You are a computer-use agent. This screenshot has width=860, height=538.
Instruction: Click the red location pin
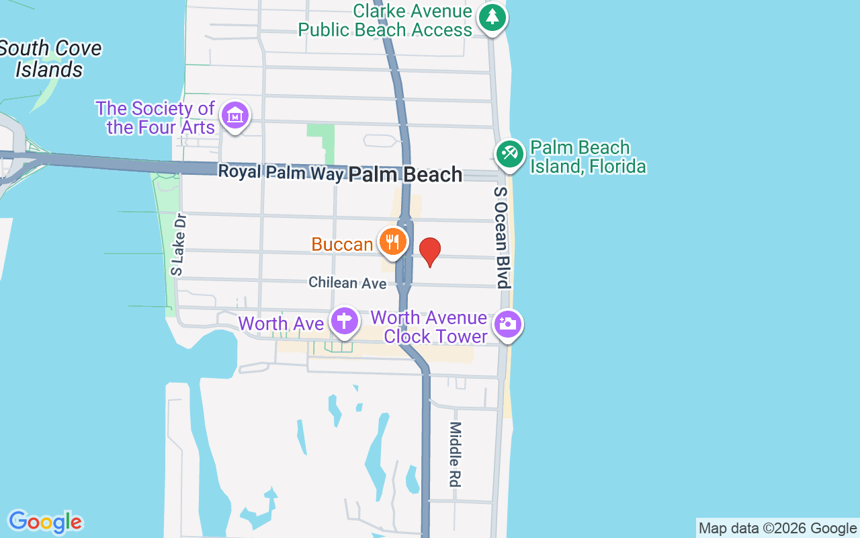(x=430, y=252)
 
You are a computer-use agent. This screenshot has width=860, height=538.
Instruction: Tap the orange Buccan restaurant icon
(x=392, y=241)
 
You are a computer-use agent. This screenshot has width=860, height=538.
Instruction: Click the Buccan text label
(x=342, y=244)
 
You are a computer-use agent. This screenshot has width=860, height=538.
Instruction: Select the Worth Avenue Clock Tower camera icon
(x=508, y=325)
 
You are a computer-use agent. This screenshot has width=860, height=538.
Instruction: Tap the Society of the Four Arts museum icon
(x=235, y=116)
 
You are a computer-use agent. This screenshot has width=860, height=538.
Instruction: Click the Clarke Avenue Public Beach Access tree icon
(x=492, y=17)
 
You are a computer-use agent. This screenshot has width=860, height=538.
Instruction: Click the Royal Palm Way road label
(x=281, y=172)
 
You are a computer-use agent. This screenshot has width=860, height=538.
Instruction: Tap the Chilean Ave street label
(x=347, y=283)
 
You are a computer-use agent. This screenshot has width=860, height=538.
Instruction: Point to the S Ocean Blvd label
(x=502, y=237)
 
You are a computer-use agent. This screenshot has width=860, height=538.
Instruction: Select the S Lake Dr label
(x=177, y=245)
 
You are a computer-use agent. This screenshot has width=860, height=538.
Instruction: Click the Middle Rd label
(x=456, y=455)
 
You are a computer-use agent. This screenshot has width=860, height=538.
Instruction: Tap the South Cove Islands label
(x=50, y=59)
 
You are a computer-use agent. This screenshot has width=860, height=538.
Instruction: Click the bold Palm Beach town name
(x=405, y=175)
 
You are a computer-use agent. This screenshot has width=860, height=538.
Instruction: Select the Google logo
(x=45, y=522)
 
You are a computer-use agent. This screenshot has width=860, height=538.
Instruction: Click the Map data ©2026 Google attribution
(x=778, y=529)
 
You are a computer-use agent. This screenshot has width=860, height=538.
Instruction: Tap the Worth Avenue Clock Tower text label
(x=429, y=327)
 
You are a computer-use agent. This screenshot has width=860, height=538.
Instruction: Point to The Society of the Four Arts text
(x=155, y=118)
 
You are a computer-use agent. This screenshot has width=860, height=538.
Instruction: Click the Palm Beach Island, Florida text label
(x=588, y=157)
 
